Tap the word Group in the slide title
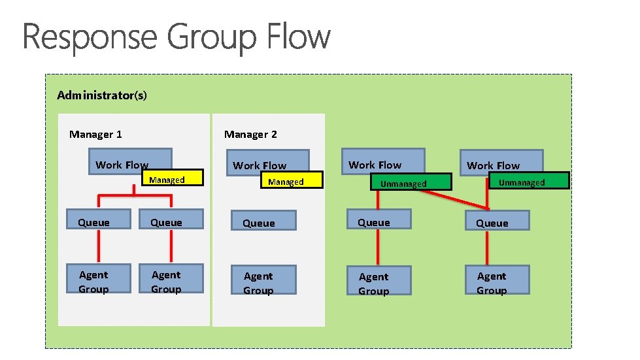212,38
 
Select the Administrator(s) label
102,95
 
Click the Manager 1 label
95,135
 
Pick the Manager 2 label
250,135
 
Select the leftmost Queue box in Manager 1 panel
94,222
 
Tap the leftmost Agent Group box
94,282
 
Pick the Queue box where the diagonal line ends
496,223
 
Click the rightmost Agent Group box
496,283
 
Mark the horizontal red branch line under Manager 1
135,195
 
